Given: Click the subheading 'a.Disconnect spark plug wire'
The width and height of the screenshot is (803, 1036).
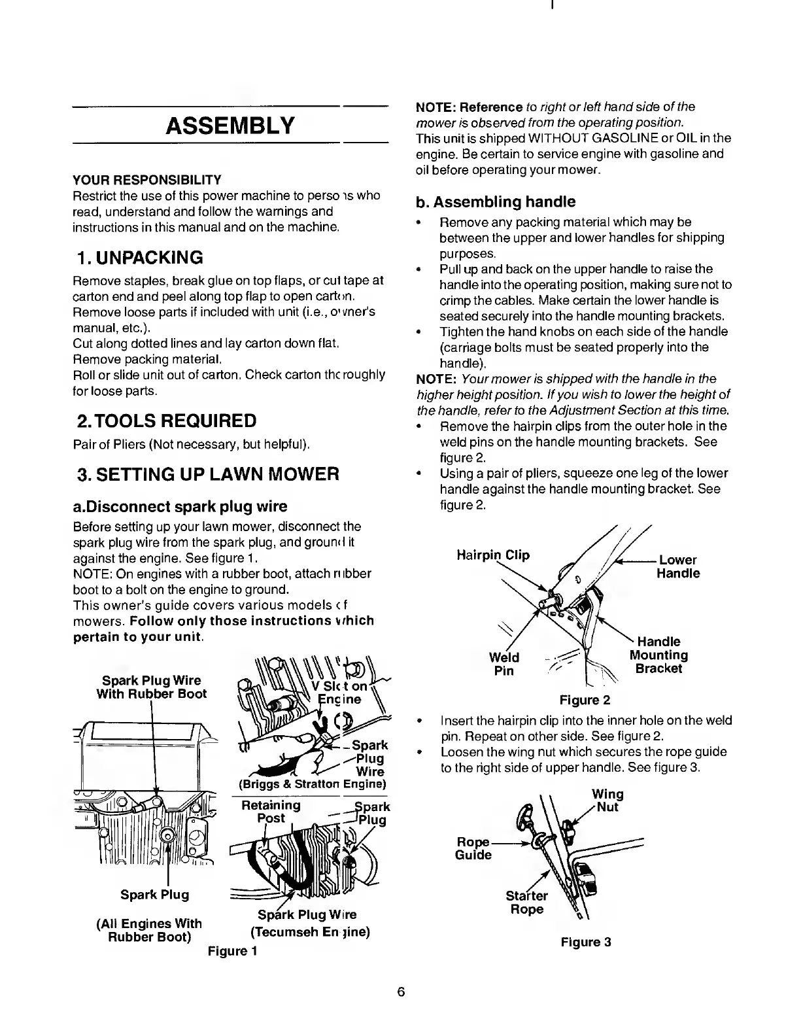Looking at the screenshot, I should click(x=180, y=506).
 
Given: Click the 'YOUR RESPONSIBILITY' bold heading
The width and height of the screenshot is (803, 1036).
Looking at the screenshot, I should click(x=146, y=179).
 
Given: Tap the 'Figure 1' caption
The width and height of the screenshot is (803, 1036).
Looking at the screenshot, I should click(x=231, y=950).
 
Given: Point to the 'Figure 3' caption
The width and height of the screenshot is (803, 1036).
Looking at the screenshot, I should click(x=586, y=942).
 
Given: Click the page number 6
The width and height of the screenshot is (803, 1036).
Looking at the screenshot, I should click(x=401, y=992).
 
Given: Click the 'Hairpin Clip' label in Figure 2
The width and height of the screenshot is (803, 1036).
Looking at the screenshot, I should click(x=493, y=555).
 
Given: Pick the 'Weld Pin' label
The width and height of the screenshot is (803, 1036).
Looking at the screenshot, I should click(x=504, y=664).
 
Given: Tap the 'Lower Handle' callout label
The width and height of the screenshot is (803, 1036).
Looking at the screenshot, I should click(x=678, y=566).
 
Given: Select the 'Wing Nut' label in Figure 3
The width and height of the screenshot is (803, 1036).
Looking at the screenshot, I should click(x=607, y=800).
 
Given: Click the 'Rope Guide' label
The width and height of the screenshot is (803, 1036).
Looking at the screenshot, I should click(x=473, y=848).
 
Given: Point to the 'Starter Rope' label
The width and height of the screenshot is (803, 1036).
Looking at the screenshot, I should click(x=527, y=902).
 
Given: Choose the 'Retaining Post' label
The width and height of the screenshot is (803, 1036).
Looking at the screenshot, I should click(x=271, y=811).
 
